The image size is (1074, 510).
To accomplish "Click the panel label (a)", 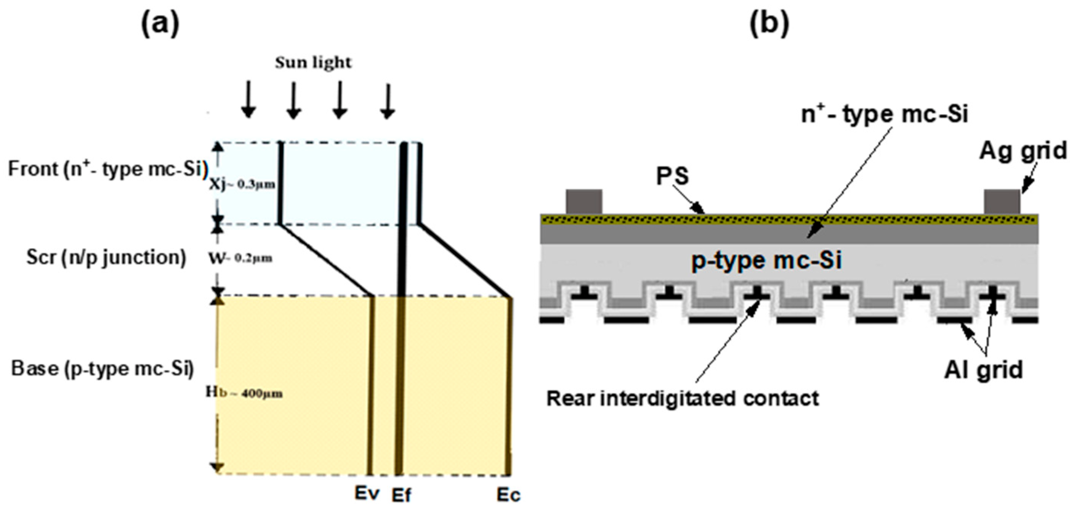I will pos(160,24).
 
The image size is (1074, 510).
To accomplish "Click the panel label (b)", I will pos(769,24).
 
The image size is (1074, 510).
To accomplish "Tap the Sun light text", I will pos(313,62).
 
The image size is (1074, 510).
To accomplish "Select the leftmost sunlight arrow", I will pos(248,100).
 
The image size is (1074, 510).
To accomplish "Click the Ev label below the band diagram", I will pos(367,493).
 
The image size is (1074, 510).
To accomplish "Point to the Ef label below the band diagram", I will pos(401,495).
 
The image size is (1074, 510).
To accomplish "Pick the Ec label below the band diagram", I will pos(509,495).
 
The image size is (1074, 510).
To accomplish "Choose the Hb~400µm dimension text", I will pos(244,393).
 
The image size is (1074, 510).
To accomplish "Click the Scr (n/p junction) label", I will pos(106,257).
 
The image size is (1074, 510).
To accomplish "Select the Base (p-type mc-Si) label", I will pos(103,369).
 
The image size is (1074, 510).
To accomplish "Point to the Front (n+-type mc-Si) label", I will pos(107,169).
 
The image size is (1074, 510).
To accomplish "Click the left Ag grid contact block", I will pos(584,201).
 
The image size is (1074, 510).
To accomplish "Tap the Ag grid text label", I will pos(1022,151).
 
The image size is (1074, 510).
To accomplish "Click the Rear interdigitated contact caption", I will pos(683,398).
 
